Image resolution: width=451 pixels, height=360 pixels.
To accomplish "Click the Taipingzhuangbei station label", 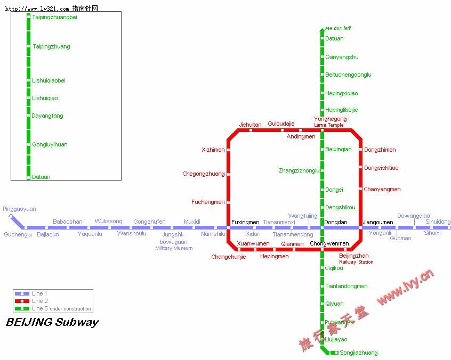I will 54,18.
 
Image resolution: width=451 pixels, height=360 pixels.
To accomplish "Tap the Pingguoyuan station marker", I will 11,216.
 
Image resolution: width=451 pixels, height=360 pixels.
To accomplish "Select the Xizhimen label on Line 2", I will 213,150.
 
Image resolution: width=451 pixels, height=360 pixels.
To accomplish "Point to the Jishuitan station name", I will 250,125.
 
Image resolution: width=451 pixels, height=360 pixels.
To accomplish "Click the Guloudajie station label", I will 281,124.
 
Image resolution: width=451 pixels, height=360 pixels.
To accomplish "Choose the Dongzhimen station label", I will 380,150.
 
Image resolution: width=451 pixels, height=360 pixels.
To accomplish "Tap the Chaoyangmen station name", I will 382,190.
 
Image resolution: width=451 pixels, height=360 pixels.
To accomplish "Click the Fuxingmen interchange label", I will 245,222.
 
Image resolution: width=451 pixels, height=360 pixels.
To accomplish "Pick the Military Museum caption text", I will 174,248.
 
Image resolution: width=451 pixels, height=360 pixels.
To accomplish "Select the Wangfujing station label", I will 303,216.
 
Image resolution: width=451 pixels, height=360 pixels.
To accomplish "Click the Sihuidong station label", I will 438,222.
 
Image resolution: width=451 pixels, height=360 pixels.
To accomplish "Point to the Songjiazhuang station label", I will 358,353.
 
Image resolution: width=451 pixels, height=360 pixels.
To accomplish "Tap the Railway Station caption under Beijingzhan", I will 356,262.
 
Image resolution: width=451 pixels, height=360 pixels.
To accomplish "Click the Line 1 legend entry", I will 39,293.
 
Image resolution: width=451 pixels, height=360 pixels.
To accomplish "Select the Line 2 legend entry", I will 39,301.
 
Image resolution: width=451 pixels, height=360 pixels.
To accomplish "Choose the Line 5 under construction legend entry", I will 61,308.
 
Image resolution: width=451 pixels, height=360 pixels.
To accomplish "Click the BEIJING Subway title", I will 52,322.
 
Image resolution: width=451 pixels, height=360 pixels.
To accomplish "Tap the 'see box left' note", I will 337,28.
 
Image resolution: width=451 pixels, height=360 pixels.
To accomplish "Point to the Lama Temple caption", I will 329,125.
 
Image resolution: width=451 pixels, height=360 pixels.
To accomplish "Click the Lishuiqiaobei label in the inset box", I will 49,81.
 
